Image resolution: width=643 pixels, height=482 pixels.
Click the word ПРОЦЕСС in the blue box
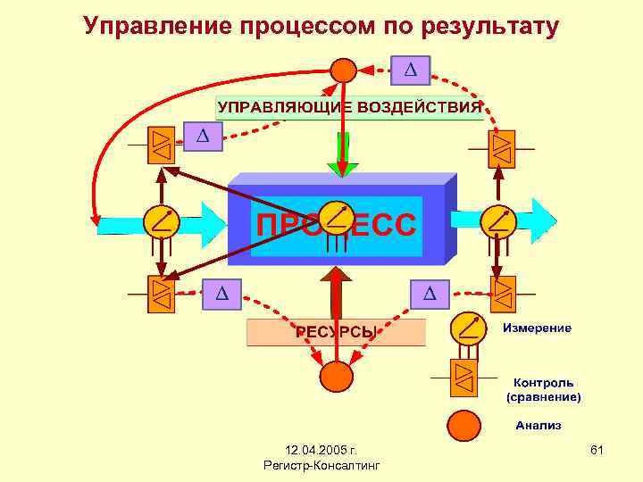(x=335, y=225)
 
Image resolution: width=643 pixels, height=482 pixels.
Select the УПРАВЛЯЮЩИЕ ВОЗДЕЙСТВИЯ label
(x=349, y=108)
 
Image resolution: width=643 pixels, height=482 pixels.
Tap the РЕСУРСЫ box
(x=336, y=332)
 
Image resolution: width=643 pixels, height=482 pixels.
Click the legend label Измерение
(x=537, y=328)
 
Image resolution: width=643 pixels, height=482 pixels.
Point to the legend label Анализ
(x=538, y=425)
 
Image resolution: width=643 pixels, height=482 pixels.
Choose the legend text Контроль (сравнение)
(x=542, y=389)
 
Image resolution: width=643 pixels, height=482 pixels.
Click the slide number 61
(x=597, y=451)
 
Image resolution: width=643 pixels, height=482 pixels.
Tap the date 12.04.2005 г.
(x=321, y=451)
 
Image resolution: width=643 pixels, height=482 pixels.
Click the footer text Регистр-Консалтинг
(x=321, y=466)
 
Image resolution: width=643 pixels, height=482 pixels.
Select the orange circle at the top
(x=343, y=70)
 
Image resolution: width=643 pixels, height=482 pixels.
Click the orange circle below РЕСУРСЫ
(x=337, y=376)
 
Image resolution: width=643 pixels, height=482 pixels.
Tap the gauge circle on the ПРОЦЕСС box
(x=336, y=218)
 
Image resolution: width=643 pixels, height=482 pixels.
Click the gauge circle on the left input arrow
(x=162, y=220)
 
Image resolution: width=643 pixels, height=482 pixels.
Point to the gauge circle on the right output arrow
(x=497, y=220)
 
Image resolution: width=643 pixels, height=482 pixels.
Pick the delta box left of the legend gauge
(x=430, y=292)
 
